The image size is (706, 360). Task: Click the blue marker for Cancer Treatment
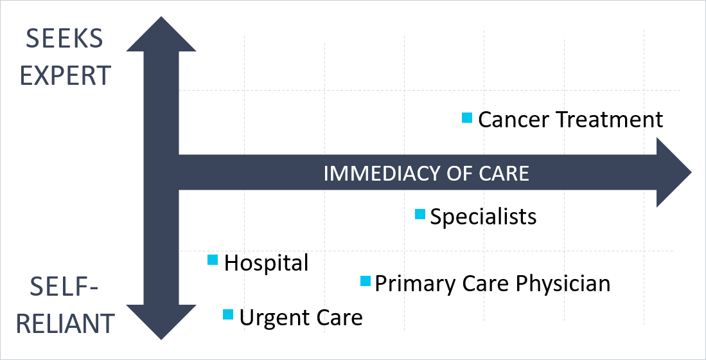pyautogui.click(x=467, y=118)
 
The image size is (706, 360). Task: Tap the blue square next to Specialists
pyautogui.click(x=419, y=214)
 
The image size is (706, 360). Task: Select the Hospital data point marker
pyautogui.click(x=213, y=260)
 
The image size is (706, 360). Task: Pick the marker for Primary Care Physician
pyautogui.click(x=366, y=281)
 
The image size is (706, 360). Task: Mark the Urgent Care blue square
pyautogui.click(x=227, y=314)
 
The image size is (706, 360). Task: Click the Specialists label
pyautogui.click(x=483, y=217)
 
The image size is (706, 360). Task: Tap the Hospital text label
pyautogui.click(x=266, y=263)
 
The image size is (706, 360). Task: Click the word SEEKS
pyautogui.click(x=64, y=40)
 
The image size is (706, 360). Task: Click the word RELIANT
pyautogui.click(x=65, y=323)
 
